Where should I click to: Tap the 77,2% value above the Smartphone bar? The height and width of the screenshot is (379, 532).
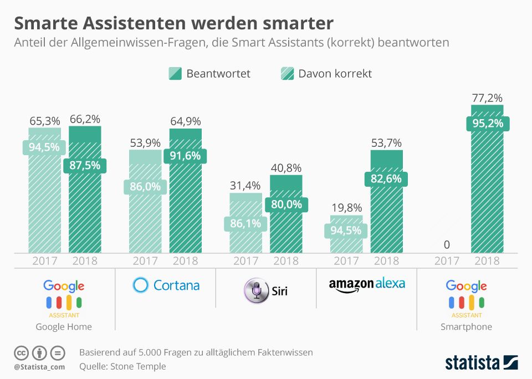click(487, 98)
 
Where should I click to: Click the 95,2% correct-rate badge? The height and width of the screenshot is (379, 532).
click(487, 123)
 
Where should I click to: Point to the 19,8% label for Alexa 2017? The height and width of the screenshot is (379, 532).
click(346, 208)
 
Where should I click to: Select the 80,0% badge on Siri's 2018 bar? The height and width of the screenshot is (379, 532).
click(287, 204)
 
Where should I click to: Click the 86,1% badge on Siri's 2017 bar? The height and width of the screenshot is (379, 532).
click(245, 224)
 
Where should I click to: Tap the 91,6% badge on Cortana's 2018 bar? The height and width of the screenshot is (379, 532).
click(186, 156)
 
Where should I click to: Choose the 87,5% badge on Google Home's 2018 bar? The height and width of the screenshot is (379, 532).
click(85, 166)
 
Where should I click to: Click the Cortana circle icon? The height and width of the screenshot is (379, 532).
click(141, 285)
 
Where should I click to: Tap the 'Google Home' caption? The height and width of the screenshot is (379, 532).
click(64, 326)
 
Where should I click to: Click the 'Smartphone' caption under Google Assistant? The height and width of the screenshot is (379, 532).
click(466, 326)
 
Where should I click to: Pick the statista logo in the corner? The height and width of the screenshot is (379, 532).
click(481, 363)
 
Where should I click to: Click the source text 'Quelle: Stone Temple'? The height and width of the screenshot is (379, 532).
click(122, 366)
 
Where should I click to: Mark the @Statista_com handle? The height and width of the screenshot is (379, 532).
click(39, 366)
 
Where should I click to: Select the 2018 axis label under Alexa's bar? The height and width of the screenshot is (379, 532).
click(386, 260)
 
